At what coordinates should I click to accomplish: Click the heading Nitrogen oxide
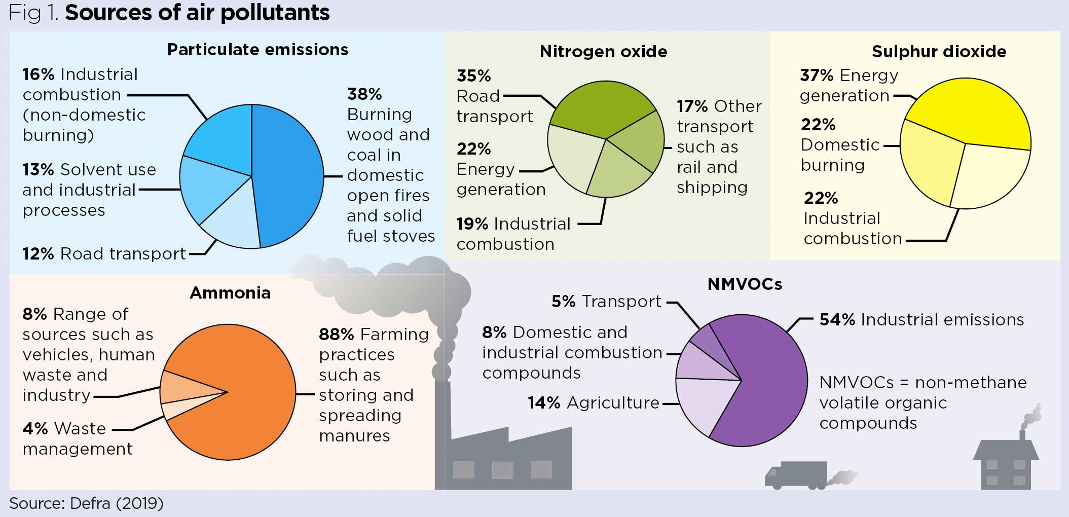pyautogui.click(x=603, y=51)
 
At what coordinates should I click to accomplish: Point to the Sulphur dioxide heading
pyautogui.click(x=939, y=51)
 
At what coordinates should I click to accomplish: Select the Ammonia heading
pyautogui.click(x=230, y=292)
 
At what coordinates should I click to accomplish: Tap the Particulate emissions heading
pyautogui.click(x=257, y=49)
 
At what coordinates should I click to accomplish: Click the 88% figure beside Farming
pyautogui.click(x=336, y=334)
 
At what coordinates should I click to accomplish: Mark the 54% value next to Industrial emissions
pyautogui.click(x=837, y=319)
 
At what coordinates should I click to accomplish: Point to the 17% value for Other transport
pyautogui.click(x=692, y=106)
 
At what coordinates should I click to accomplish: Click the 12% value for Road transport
pyautogui.click(x=38, y=253)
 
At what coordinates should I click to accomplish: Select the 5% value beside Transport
pyautogui.click(x=563, y=301)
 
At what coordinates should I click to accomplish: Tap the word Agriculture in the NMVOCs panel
pyautogui.click(x=613, y=402)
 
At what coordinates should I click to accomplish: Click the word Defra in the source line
pyautogui.click(x=90, y=503)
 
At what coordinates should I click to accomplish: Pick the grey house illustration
pyautogui.click(x=1006, y=464)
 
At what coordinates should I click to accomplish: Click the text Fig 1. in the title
pyautogui.click(x=33, y=13)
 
